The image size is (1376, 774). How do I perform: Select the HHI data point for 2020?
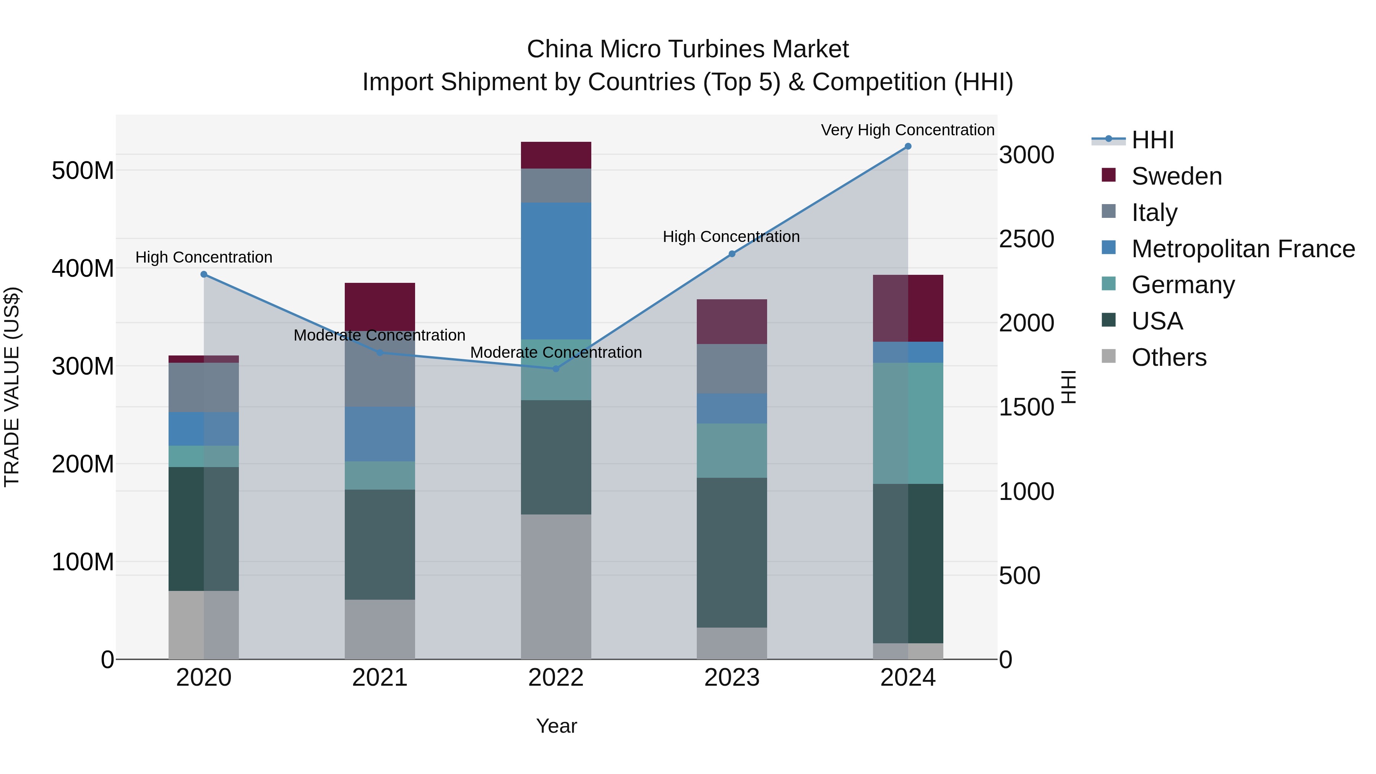click(203, 274)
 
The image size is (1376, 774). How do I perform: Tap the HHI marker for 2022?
click(555, 368)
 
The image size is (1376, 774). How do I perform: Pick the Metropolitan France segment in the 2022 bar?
click(555, 271)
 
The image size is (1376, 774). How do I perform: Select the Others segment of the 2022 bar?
click(555, 586)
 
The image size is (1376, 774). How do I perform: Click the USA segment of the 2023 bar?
click(732, 552)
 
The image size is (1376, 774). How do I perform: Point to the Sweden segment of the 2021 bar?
click(380, 307)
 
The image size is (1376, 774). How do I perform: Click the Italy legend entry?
click(1154, 213)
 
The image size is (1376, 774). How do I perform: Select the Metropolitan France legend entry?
click(1243, 249)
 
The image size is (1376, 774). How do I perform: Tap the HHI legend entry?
click(1152, 140)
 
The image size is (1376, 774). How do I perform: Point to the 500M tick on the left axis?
click(83, 171)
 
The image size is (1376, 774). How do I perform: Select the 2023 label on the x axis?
click(732, 678)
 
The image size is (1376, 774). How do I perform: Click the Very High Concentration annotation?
click(907, 130)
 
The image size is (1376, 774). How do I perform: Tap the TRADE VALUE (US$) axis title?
click(12, 387)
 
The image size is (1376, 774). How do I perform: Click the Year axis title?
click(556, 726)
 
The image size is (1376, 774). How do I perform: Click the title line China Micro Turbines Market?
click(688, 49)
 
